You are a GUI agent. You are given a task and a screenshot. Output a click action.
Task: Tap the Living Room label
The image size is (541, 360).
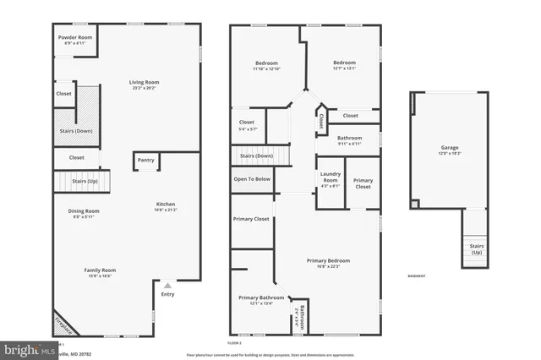click(x=144, y=85)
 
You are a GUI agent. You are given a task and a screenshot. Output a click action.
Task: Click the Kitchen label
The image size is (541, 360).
click(x=166, y=205)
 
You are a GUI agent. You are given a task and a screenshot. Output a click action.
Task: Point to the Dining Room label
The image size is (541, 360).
click(x=84, y=213)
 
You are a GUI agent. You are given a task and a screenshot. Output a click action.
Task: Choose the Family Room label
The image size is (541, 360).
click(x=98, y=272)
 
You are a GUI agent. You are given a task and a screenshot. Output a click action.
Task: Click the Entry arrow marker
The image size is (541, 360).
click(x=167, y=286)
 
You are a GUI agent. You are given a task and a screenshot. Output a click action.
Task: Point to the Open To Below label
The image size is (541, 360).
click(x=252, y=179)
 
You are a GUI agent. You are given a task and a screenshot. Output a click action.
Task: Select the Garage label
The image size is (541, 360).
click(x=449, y=150)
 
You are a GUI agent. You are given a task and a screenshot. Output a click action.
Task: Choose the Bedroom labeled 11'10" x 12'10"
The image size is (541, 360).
click(x=267, y=66)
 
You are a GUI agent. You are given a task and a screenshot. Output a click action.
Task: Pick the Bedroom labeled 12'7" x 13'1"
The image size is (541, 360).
click(x=343, y=65)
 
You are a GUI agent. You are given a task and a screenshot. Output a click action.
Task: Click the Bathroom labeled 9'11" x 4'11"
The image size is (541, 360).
click(x=349, y=140)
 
